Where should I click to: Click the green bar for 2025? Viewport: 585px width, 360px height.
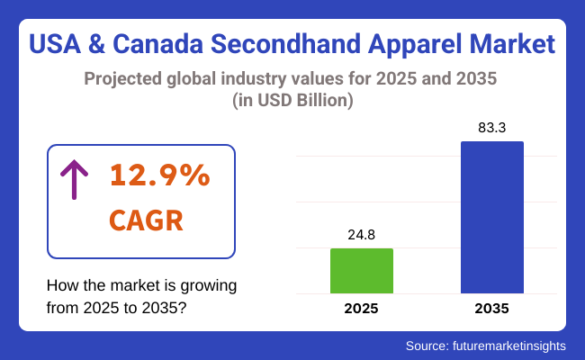coord(362,271)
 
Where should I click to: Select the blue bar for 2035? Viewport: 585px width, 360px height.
coord(492,217)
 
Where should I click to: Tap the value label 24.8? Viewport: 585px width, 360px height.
coord(362,235)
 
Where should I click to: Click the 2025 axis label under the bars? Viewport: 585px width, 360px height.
coord(362,309)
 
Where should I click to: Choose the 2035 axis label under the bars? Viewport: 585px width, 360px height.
coord(492,309)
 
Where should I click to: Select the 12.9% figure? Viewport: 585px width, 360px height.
coord(159,176)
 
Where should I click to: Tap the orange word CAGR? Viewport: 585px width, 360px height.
coord(146,220)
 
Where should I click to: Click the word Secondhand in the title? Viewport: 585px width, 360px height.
coord(270,43)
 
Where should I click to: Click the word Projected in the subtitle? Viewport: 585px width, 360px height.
coord(124,79)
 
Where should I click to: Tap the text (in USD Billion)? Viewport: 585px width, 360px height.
coord(292,102)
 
